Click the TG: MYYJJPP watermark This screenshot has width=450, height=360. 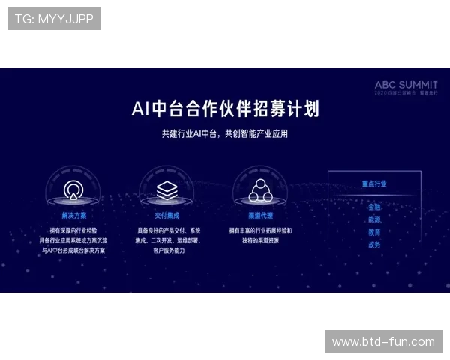tap(54, 19)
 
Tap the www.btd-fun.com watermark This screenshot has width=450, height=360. tap(383, 342)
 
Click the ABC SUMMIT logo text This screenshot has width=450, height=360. tap(406, 85)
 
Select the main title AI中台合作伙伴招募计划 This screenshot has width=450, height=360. tap(225, 109)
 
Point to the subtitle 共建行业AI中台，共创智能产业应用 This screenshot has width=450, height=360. tap(225, 134)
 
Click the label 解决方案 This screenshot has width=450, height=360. tap(73, 214)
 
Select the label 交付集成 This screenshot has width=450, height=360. tap(166, 214)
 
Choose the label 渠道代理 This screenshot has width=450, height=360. tap(259, 214)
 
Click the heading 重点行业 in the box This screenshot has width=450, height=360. tap(374, 184)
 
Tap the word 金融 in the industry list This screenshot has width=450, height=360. tap(374, 207)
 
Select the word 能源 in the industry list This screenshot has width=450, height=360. tap(374, 220)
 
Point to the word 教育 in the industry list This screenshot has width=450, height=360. tap(374, 232)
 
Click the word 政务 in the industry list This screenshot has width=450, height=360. tap(374, 244)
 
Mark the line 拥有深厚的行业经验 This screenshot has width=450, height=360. tap(73, 230)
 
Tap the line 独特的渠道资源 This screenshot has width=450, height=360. tap(259, 241)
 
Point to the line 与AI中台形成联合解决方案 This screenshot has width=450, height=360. tap(73, 250)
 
